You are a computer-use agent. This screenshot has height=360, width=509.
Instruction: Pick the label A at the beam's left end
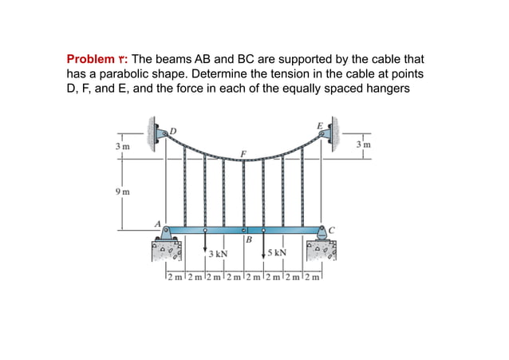click(x=157, y=224)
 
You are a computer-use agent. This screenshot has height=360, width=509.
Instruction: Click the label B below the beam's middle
click(x=249, y=240)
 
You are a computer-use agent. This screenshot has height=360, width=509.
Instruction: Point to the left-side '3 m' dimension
click(x=120, y=146)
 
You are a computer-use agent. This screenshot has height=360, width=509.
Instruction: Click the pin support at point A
click(x=166, y=234)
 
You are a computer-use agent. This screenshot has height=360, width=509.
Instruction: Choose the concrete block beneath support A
click(x=168, y=253)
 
